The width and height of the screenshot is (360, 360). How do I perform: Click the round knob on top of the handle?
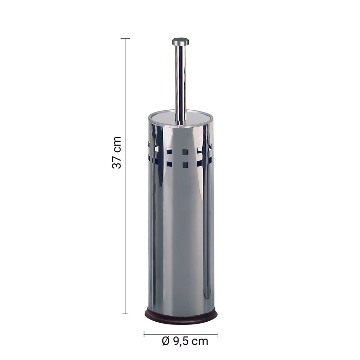180,41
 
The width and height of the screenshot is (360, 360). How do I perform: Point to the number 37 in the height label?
117,161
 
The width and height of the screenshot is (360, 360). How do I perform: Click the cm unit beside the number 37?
117,143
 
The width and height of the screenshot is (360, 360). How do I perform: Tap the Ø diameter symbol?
166,341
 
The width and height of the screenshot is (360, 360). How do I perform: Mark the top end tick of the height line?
125,38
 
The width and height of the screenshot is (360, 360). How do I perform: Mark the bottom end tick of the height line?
125,314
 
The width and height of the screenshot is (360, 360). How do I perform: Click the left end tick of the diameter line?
144,334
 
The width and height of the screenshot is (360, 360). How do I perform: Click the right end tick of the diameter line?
218,334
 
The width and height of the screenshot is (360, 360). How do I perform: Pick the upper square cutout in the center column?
185,152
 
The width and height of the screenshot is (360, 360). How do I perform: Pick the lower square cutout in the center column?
185,164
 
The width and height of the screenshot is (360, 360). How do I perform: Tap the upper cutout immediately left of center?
169,152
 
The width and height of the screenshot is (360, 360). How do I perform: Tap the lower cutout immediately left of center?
169,164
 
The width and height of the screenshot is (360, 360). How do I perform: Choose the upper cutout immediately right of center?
200,151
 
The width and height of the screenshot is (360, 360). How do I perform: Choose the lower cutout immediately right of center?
200,163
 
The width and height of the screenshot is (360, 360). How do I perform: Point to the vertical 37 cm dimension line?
125,211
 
